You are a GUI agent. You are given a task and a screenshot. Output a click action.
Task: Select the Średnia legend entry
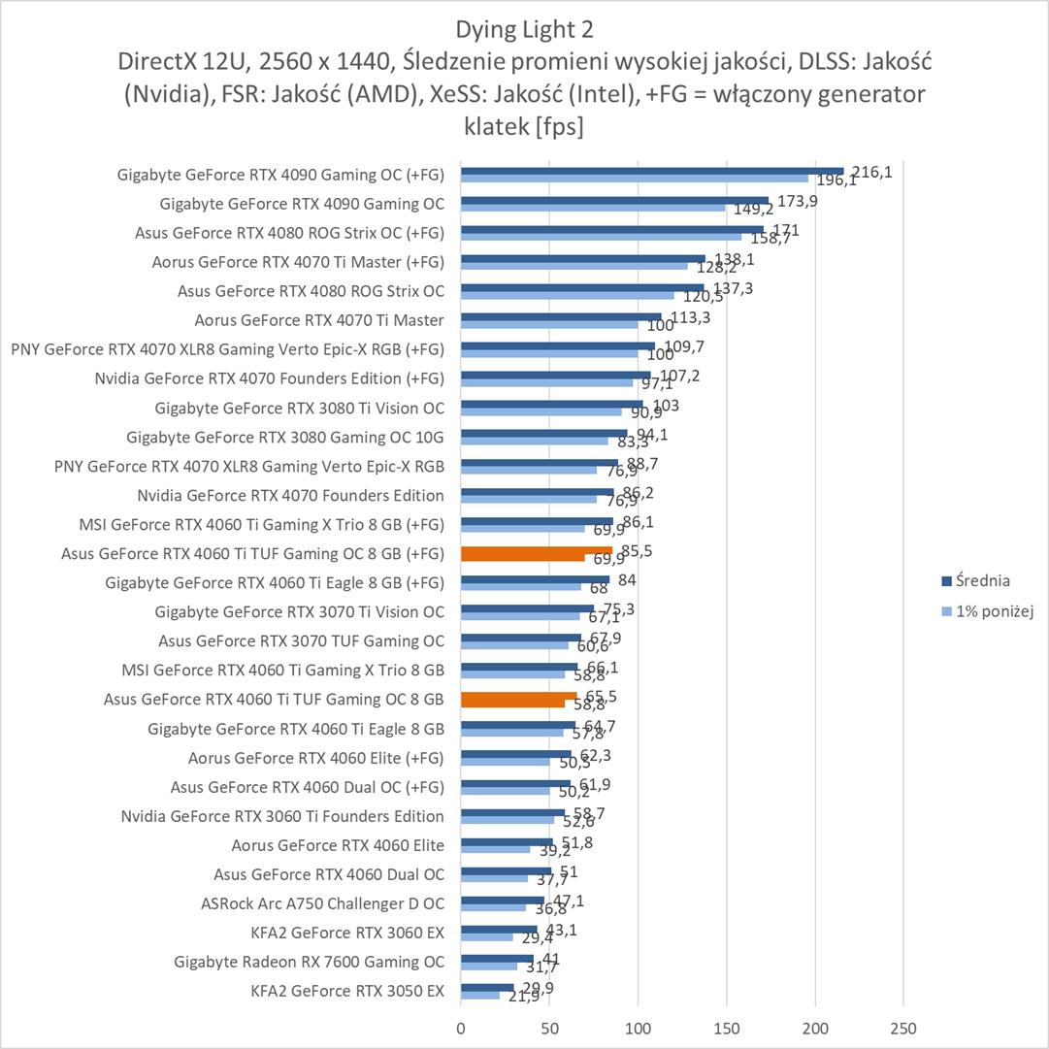point(975,581)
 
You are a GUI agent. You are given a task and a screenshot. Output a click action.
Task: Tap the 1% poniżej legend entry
point(982,611)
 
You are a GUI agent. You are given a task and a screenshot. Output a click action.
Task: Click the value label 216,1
point(871,172)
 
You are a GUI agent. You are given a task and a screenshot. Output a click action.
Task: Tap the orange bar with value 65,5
point(518,696)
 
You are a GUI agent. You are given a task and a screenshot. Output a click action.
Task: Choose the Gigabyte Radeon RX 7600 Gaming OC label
point(310,962)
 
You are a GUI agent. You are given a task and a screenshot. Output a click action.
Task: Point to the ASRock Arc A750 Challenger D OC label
point(322,903)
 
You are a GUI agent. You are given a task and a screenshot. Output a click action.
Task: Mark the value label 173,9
point(792,201)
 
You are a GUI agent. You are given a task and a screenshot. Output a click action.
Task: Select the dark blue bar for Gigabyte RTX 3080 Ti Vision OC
point(551,405)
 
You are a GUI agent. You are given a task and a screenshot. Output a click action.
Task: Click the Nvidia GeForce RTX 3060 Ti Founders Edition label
point(282,816)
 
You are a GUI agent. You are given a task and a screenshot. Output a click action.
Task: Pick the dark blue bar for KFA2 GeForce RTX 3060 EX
point(499,929)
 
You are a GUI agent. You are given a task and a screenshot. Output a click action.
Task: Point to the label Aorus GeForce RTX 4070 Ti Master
point(319,320)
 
